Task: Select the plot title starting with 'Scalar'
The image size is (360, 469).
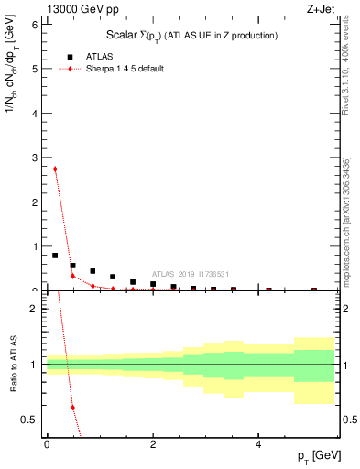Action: tap(186, 35)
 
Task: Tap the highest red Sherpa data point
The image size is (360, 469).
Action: tap(55, 169)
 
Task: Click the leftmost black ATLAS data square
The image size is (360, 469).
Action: tap(55, 256)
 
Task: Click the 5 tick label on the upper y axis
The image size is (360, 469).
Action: tap(33, 69)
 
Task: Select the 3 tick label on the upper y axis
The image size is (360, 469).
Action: tap(33, 158)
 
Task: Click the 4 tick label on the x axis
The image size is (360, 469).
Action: tap(259, 444)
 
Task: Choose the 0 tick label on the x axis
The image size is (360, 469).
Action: tap(47, 444)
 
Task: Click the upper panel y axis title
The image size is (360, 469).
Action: tap(12, 98)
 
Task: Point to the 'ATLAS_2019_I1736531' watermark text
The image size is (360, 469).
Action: tap(191, 274)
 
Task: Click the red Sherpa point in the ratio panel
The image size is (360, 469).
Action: tap(72, 408)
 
